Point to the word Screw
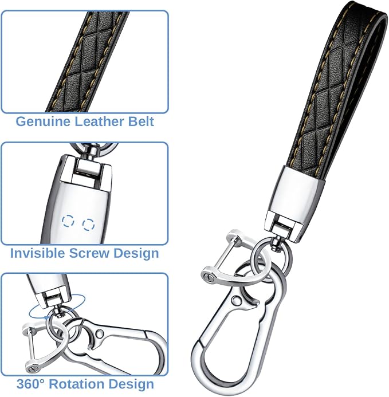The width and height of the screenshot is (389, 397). pos(89,253)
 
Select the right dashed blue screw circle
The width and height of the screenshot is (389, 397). pos(89,225)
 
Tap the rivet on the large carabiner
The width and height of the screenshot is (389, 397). pos(237,300)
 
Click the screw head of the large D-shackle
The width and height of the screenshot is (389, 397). pos(210,277)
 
